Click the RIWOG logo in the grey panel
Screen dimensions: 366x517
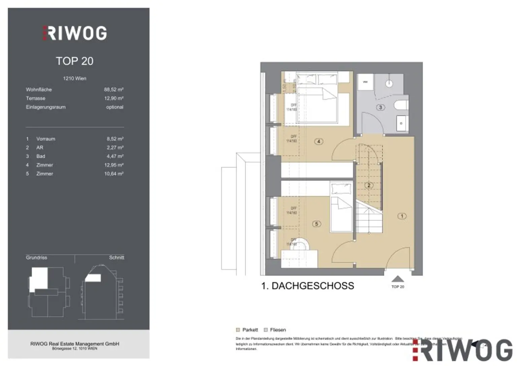75,33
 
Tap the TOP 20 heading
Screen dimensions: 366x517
74,61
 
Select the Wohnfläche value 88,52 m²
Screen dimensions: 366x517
113,90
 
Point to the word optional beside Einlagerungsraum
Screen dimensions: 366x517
114,107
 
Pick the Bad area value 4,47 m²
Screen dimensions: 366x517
115,156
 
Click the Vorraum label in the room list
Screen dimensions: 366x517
46,139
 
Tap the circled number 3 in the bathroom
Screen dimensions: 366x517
380,107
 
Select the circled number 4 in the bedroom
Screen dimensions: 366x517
318,141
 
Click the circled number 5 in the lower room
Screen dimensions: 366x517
316,224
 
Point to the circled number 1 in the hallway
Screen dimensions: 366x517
402,216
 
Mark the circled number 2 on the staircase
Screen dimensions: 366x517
369,185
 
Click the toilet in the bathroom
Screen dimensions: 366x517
402,105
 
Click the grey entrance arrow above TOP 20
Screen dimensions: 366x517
398,279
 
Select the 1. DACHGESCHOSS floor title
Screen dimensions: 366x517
307,286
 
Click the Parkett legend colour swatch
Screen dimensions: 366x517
238,330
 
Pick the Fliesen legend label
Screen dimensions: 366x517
278,330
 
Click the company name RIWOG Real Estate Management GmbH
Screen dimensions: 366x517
75,344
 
